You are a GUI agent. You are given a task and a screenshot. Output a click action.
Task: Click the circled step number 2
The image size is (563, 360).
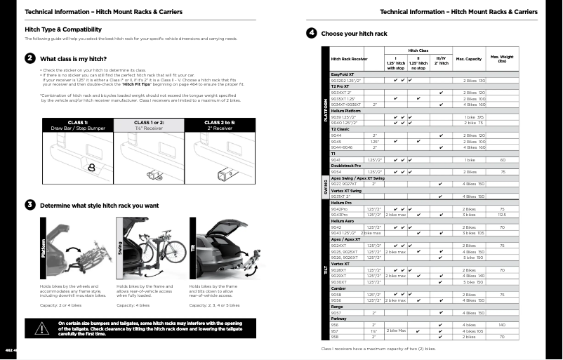point(30,58)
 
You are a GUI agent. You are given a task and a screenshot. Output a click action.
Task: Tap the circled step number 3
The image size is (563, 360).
point(30,205)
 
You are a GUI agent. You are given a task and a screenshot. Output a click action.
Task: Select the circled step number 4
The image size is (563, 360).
point(311,33)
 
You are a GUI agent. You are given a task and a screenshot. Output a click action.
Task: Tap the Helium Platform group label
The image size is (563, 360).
point(345,111)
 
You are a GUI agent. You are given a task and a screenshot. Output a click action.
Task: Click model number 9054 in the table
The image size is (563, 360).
point(336,171)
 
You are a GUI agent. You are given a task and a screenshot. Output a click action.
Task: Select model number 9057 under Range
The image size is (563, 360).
point(336,312)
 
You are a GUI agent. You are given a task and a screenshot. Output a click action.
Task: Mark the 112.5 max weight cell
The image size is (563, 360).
point(502,215)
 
